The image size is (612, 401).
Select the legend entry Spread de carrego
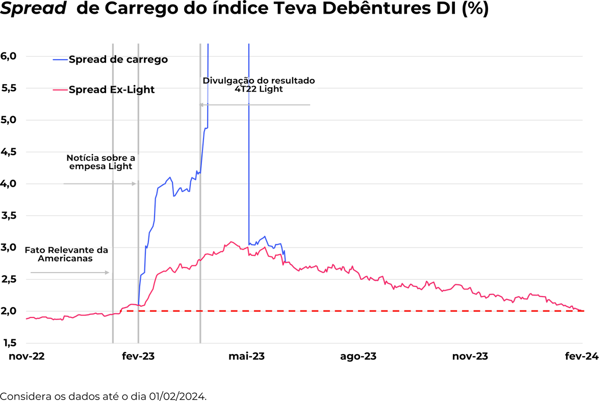point(118,60)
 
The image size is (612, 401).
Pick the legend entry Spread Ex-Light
point(112,90)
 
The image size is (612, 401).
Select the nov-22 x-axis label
point(27,356)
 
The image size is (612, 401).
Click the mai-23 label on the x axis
point(247,356)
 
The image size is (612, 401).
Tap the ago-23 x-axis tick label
point(358,356)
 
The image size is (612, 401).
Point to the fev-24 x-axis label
point(581,356)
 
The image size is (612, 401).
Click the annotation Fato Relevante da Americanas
point(66,254)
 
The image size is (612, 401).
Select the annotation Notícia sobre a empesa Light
point(100,162)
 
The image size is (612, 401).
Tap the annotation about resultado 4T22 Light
point(259,85)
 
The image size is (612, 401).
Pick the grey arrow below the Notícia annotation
point(100,183)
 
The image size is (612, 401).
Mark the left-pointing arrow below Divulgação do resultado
point(254,104)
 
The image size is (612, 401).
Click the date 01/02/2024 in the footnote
point(179,396)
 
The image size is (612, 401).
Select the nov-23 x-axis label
point(470,356)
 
